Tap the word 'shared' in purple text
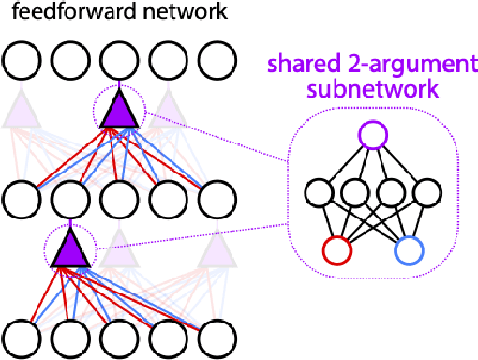click(x=305, y=67)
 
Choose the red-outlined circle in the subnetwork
click(x=337, y=250)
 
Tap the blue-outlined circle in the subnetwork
click(x=409, y=250)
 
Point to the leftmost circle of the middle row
click(x=22, y=198)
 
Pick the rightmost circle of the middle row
click(x=217, y=198)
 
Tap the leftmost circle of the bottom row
click(x=22, y=336)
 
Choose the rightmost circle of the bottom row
click(x=217, y=336)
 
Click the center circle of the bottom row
click(x=119, y=336)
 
